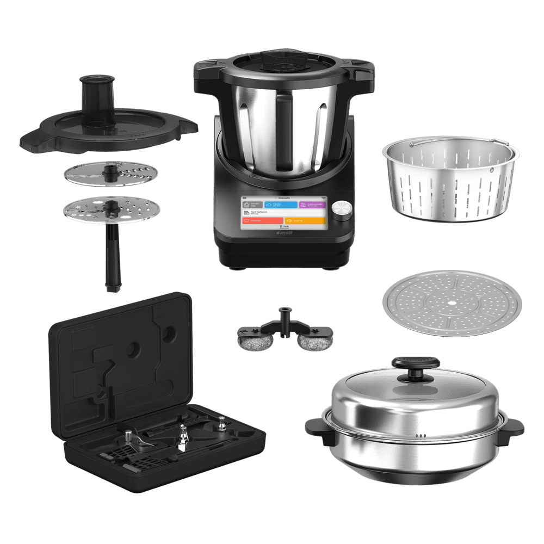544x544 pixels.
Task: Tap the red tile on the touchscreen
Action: [x=267, y=221]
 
